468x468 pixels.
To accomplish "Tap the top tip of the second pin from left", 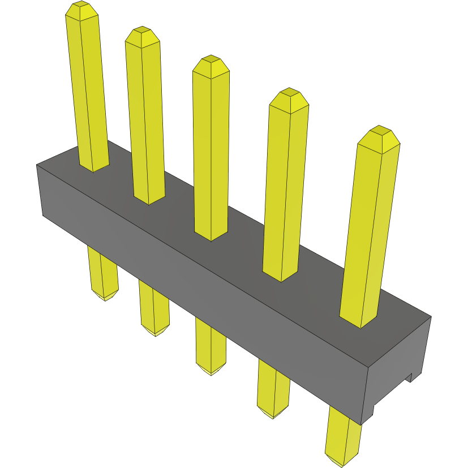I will click(x=141, y=31).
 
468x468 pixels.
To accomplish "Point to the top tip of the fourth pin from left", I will click(x=289, y=93).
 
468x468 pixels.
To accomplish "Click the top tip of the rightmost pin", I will click(x=379, y=131).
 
